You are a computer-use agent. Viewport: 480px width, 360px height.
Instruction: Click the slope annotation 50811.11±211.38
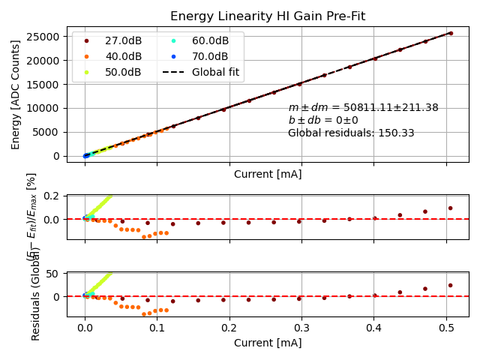pyautogui.click(x=363, y=108)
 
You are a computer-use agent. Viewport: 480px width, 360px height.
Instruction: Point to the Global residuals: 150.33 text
pyautogui.click(x=351, y=133)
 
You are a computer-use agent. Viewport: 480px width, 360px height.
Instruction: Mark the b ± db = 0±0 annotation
pyautogui.click(x=323, y=120)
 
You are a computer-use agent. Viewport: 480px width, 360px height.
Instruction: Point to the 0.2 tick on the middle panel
pyautogui.click(x=52, y=196)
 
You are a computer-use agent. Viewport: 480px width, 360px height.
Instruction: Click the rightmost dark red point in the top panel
pyautogui.click(x=450, y=33)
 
